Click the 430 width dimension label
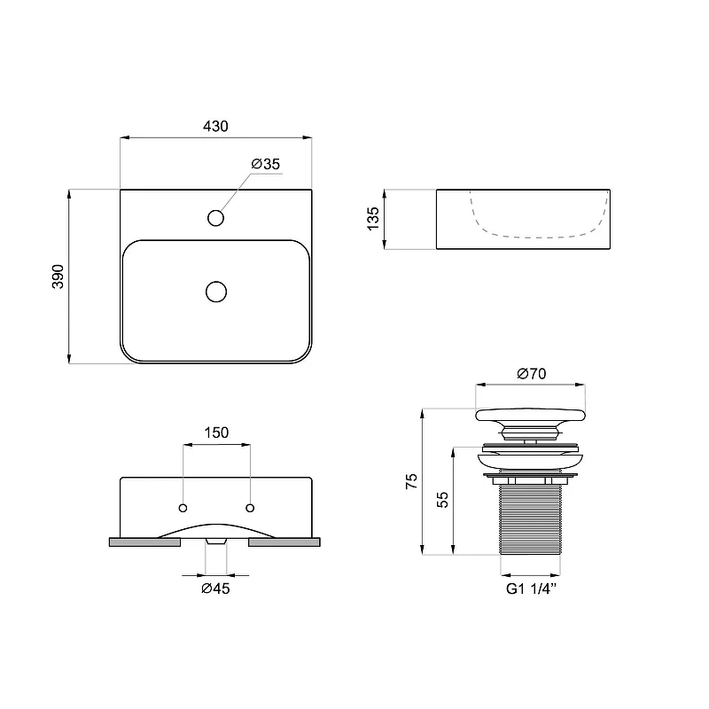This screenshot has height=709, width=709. [215, 126]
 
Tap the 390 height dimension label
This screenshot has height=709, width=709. [58, 277]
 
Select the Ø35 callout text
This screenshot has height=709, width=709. [266, 164]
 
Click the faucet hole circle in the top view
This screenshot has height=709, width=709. [215, 218]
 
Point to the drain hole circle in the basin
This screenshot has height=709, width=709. [216, 292]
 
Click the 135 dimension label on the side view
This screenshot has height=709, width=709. [373, 219]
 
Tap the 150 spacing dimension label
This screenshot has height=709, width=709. [216, 432]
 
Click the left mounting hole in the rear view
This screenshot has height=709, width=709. [183, 508]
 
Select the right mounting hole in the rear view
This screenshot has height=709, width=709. [250, 508]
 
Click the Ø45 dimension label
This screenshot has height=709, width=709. [215, 588]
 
